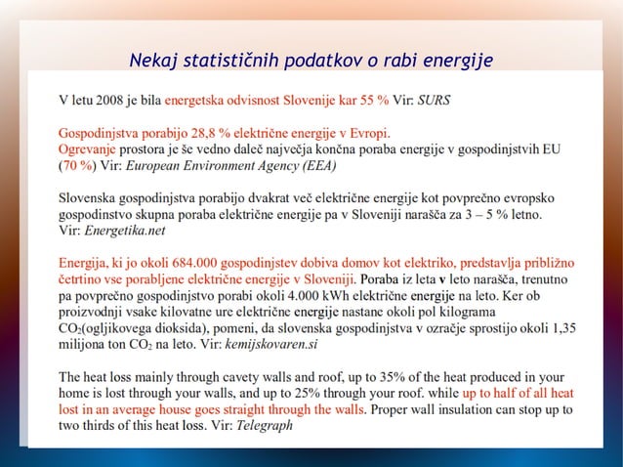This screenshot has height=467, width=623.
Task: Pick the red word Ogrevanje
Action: [x=88, y=149]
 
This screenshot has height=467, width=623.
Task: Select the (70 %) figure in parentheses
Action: [x=76, y=165]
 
